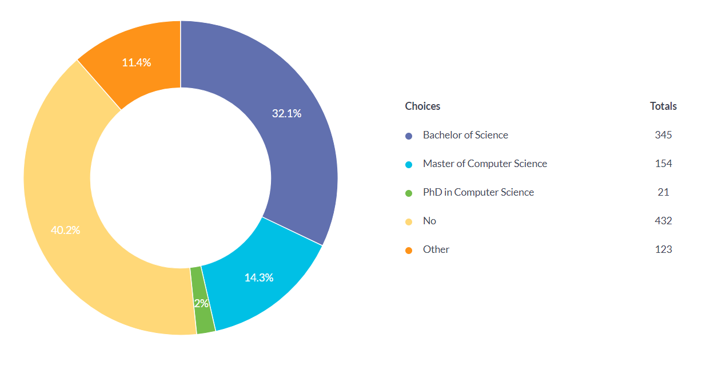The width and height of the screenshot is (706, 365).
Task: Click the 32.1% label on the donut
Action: pos(286,113)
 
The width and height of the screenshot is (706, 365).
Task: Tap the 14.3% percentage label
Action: pos(258,277)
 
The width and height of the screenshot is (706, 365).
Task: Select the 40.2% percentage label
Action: pos(65,230)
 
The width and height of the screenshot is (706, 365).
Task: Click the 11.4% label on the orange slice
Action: pos(136,62)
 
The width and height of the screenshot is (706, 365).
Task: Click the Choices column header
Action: pos(422,106)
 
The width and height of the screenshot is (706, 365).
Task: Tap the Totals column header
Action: pos(663,106)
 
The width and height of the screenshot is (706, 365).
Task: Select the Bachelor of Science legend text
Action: pos(465,135)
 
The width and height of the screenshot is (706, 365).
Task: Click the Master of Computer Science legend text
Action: pos(485,164)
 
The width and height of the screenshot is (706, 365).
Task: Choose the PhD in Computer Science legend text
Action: pos(478,192)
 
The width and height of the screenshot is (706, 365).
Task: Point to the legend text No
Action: pos(429,221)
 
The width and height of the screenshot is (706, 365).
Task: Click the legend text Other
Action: pos(436,249)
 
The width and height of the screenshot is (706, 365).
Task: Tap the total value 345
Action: pos(663,135)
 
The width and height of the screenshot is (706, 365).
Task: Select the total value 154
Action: pos(663,164)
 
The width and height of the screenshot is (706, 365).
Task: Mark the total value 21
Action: pos(663,192)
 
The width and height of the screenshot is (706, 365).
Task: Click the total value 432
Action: pos(663,221)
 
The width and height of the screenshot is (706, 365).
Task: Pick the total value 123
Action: pos(663,249)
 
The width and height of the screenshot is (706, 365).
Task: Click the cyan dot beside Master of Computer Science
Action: pos(409,165)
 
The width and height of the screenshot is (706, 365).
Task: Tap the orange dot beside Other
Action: pos(409,251)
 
